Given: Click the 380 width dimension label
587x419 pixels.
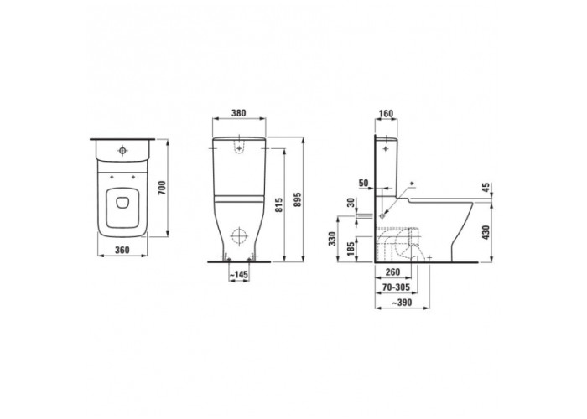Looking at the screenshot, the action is [x=238, y=112].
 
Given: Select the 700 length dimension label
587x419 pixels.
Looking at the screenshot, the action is [x=161, y=188].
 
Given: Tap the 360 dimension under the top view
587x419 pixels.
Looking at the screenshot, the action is [x=122, y=250].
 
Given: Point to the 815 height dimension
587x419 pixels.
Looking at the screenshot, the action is [x=278, y=205].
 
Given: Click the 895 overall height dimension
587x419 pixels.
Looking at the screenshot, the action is [x=298, y=205].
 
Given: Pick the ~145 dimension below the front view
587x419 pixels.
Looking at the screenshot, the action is [x=238, y=275].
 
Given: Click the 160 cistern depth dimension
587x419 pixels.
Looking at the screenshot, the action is [x=386, y=113].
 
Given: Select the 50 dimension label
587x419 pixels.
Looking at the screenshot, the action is [x=363, y=183].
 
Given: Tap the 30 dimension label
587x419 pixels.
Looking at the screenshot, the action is [x=351, y=203].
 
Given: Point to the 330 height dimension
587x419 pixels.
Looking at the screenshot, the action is [x=332, y=239].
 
